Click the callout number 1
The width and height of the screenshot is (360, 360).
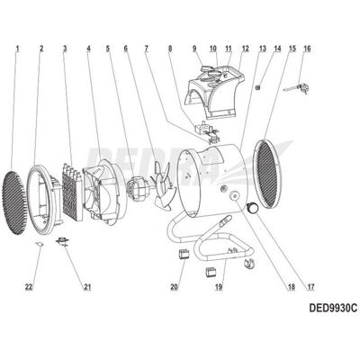[x=17, y=49]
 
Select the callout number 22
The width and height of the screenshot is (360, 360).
[x=29, y=287]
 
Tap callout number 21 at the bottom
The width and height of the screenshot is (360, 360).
[x=87, y=287]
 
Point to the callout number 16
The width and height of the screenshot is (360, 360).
[x=307, y=49]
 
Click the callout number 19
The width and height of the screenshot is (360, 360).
[x=219, y=287]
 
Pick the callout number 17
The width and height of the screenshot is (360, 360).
[x=310, y=287]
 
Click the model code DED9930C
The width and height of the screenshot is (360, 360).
[x=333, y=308]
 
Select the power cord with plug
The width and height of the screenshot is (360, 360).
[x=296, y=89]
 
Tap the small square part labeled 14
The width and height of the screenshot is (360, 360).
[x=257, y=87]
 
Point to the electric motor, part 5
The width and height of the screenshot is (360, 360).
[x=138, y=189]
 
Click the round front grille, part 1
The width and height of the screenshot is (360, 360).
[x=14, y=202]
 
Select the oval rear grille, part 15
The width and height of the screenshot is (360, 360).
[x=267, y=174]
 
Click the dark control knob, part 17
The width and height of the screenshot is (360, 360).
[x=253, y=208]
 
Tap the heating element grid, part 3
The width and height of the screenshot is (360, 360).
[x=72, y=192]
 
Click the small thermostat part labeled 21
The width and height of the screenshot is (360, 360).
[x=63, y=241]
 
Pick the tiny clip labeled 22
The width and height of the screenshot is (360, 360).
[x=40, y=244]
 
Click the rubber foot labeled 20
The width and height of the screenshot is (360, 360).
[x=184, y=254]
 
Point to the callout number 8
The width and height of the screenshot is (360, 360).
[x=170, y=49]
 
